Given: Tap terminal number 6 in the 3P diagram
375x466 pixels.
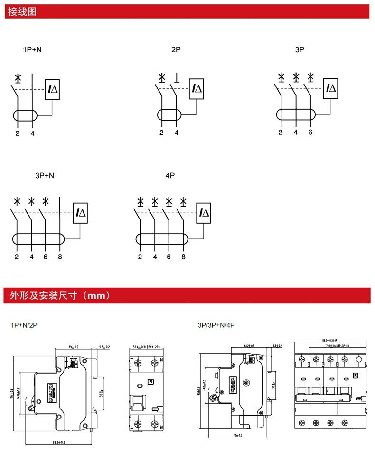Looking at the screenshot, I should [x=310, y=133].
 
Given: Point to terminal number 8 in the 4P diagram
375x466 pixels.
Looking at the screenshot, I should [x=183, y=257].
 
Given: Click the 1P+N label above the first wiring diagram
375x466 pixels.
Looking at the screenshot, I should [x=36, y=49].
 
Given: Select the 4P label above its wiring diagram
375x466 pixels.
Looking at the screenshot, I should [x=170, y=175].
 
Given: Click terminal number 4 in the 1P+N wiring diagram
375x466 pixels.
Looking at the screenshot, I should [x=32, y=133].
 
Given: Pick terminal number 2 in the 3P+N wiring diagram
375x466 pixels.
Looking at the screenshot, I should [x=17, y=257].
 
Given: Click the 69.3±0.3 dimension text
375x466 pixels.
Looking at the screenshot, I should [x=58, y=442].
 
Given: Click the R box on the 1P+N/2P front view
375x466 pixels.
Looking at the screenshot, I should [x=150, y=381].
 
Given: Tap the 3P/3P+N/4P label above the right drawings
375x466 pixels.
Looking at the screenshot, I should [x=216, y=325].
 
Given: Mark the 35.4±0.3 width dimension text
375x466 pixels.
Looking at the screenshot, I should [x=146, y=347].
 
